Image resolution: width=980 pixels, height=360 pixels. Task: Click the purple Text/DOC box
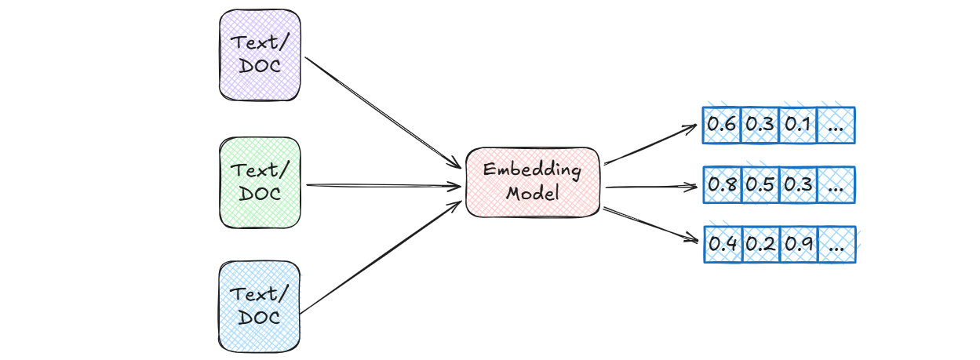point(259,54)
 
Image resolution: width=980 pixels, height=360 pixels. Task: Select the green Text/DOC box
point(259,182)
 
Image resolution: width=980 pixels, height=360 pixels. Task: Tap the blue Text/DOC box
point(259,307)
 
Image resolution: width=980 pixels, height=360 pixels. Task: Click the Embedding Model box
point(533,181)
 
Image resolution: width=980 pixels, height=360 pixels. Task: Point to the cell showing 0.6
point(721,125)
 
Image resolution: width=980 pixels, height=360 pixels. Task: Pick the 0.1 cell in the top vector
point(798,125)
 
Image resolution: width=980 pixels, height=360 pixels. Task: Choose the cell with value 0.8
point(721,185)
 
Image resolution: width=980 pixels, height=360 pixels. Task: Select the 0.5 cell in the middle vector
point(760,185)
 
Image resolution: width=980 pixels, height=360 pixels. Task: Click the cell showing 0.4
point(721,244)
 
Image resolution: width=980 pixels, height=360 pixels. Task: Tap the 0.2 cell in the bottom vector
point(760,244)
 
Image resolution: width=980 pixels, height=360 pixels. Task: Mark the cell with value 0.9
point(798,244)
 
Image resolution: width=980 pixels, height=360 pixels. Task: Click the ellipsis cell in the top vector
point(836,125)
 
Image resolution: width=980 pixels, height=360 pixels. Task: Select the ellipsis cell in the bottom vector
point(836,244)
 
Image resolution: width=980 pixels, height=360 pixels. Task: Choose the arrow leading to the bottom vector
point(650,224)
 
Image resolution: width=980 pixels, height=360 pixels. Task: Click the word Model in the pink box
point(533,193)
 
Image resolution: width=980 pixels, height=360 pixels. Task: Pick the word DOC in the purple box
point(259,65)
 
